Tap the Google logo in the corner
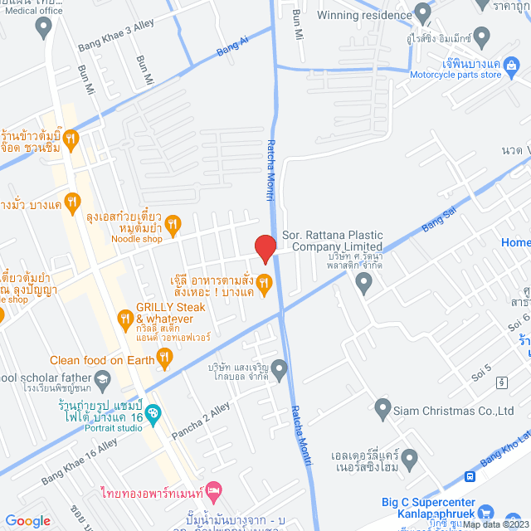28,520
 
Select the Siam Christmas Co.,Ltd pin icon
382,408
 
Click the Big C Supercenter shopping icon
486,515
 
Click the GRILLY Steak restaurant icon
124,318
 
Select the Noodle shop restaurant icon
173,222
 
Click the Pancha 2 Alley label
201,422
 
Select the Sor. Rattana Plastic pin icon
363,284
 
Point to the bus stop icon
470,476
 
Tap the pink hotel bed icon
213,492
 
